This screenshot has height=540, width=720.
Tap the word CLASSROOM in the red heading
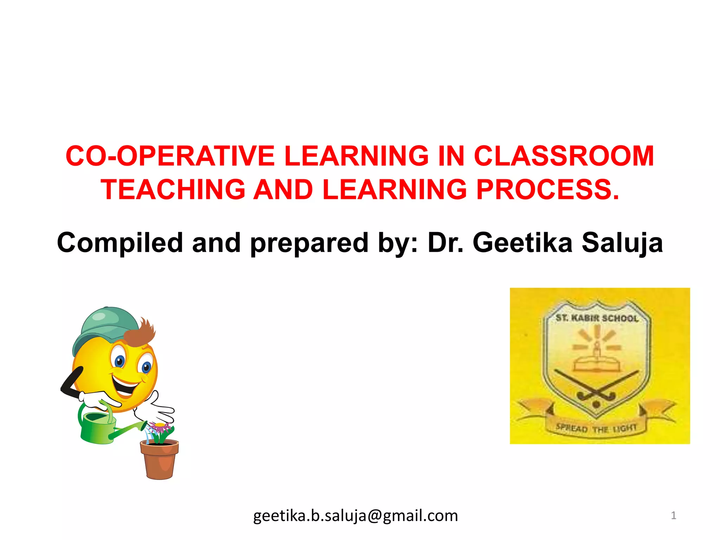(x=564, y=156)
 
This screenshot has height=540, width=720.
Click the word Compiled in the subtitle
(x=120, y=243)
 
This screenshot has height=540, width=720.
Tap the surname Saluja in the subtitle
(x=622, y=243)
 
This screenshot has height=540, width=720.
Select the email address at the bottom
(x=355, y=516)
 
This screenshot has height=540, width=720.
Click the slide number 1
(x=673, y=515)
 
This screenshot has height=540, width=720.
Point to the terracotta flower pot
(x=159, y=459)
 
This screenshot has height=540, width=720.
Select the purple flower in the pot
(x=160, y=428)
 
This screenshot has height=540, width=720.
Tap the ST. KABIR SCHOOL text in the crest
(x=597, y=318)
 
